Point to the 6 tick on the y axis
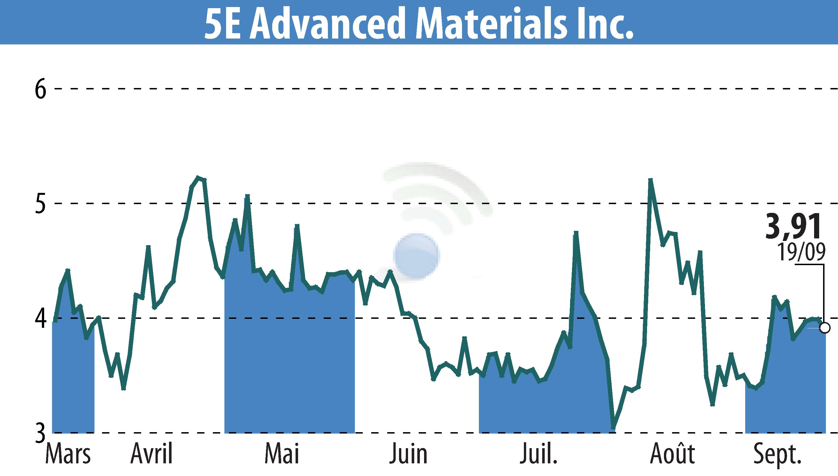[40, 89]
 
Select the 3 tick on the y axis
[40, 434]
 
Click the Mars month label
[68, 454]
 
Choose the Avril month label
[151, 454]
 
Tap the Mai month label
[282, 454]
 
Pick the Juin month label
[408, 454]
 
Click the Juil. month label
[538, 454]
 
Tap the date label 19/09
[801, 252]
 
